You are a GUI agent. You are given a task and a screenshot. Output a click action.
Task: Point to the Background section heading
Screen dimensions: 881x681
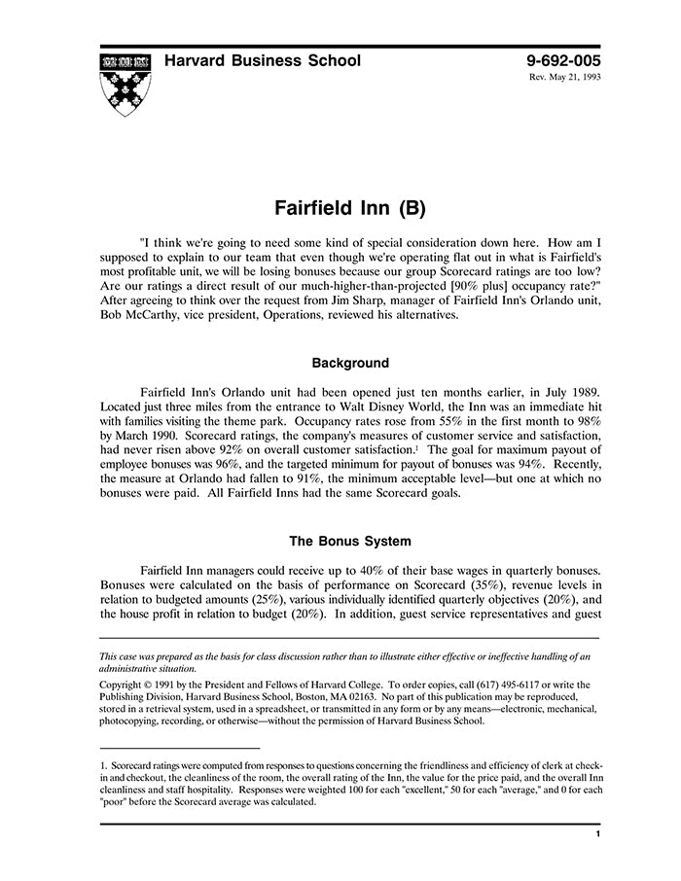tap(350, 364)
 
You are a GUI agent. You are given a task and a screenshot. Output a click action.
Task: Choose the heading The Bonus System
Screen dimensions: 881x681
tap(350, 541)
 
